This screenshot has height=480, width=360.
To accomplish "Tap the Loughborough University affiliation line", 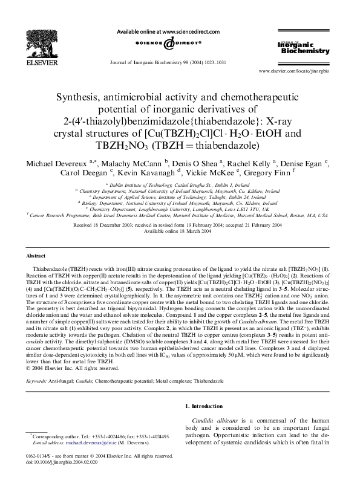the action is click(x=180, y=209).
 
